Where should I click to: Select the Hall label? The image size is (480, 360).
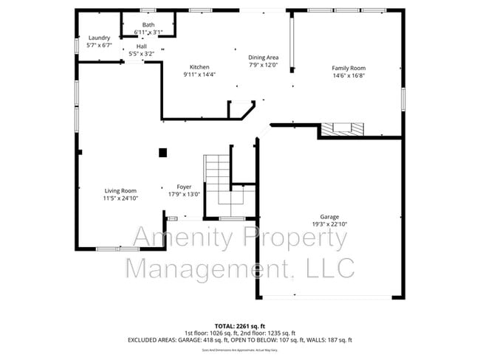141,46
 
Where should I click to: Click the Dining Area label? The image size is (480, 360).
263,58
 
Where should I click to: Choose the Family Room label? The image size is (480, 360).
348,68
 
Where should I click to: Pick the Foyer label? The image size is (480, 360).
184,187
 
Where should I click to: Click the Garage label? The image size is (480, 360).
329,217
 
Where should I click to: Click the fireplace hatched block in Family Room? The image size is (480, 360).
343,128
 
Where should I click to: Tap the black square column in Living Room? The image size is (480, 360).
162,153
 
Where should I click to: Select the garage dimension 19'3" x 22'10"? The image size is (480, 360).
329,224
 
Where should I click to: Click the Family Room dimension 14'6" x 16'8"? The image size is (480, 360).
348,75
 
